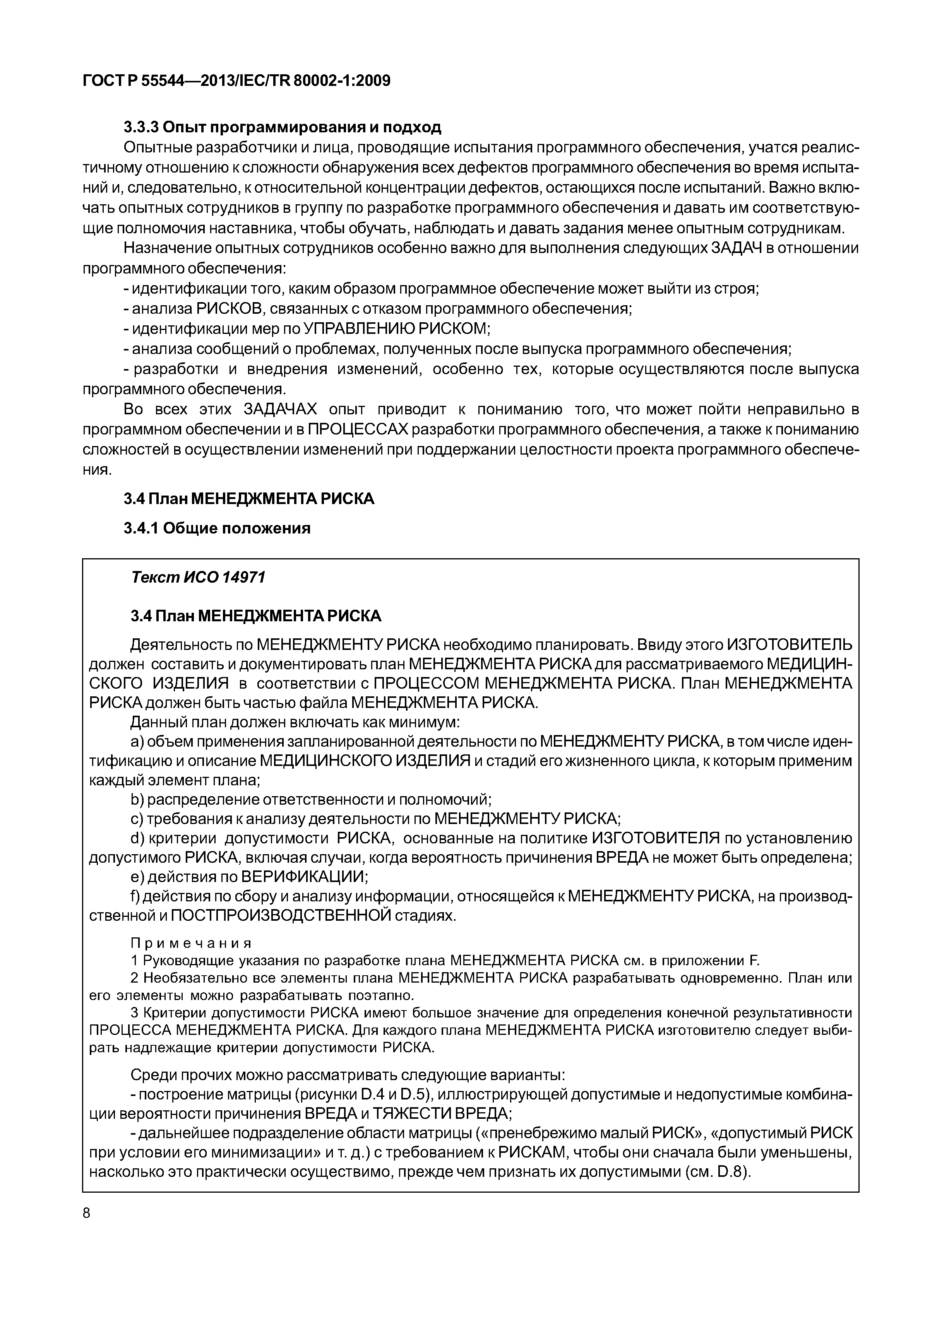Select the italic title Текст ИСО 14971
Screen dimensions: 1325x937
pos(198,577)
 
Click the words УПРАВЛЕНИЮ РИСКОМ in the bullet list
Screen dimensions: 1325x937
pos(396,329)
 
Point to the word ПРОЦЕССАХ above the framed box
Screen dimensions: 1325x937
pos(358,430)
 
